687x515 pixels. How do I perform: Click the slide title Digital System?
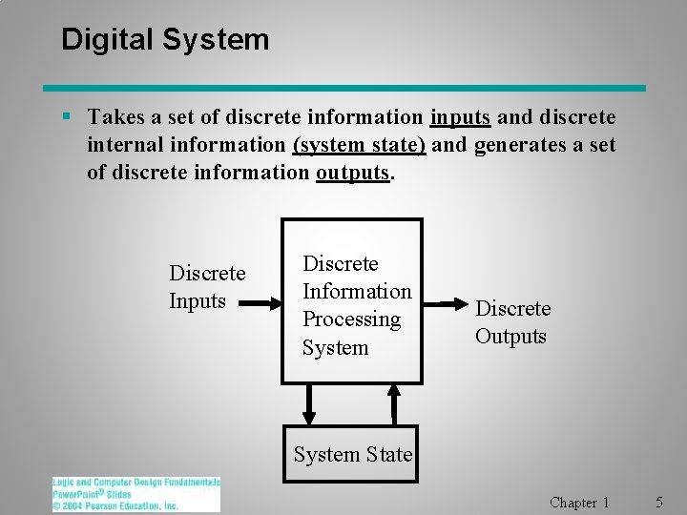[165, 40]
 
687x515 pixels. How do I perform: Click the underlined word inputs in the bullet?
[460, 117]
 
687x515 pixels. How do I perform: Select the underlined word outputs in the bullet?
[353, 175]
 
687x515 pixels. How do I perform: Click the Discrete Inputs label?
[206, 287]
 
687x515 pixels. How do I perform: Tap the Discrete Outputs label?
[512, 322]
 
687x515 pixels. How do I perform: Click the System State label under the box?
[353, 455]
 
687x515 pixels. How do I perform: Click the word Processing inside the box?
[351, 319]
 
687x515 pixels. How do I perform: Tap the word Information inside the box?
[357, 291]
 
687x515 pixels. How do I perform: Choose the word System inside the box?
[335, 348]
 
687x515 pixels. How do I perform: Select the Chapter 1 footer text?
[579, 502]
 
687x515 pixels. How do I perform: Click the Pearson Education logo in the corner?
[135, 494]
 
